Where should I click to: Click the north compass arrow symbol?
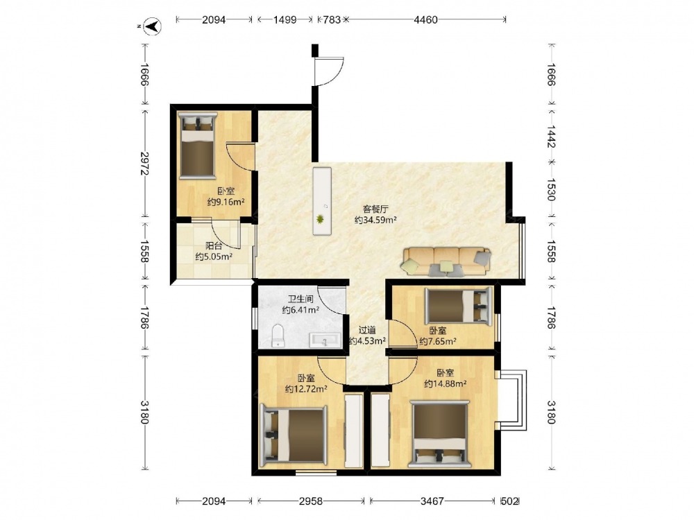pyautogui.click(x=153, y=27)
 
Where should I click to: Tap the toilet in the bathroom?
pyautogui.click(x=278, y=336)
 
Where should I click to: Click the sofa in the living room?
pyautogui.click(x=446, y=262)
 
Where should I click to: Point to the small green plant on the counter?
pyautogui.click(x=319, y=219)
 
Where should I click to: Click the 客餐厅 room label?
pyautogui.click(x=375, y=209)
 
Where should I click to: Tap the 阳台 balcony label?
pyautogui.click(x=214, y=246)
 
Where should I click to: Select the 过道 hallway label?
pyautogui.click(x=367, y=330)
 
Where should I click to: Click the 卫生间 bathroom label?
pyautogui.click(x=301, y=300)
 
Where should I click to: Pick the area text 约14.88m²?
pyautogui.click(x=445, y=384)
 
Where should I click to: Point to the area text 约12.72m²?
pyautogui.click(x=306, y=389)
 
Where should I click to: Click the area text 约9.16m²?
pyautogui.click(x=226, y=202)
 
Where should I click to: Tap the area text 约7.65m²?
pyautogui.click(x=438, y=341)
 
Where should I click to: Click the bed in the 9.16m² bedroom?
pyautogui.click(x=197, y=145)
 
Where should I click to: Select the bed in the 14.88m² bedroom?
pyautogui.click(x=439, y=434)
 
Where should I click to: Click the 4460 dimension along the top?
pyautogui.click(x=425, y=19)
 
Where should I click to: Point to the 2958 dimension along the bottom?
pyautogui.click(x=311, y=501)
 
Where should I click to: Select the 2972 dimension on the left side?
pyautogui.click(x=144, y=163)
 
